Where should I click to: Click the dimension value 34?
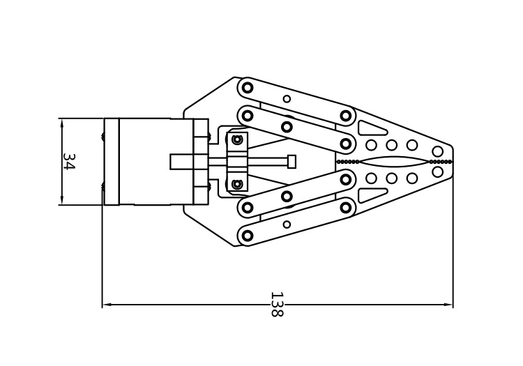point(69,162)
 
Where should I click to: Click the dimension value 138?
point(277,305)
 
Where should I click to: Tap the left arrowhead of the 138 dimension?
point(107,305)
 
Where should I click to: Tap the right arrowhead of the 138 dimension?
point(448,305)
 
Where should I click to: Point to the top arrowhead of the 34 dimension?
point(61,123)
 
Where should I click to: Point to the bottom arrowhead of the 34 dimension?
point(61,200)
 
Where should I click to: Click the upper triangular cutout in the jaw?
point(371,128)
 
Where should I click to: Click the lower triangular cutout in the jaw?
point(371,196)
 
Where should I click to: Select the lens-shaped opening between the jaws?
point(394,162)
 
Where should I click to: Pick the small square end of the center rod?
point(291,161)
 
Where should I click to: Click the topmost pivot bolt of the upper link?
point(247,88)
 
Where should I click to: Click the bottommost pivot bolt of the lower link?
point(247,236)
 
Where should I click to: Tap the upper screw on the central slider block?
point(237,139)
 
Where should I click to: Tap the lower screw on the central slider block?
point(237,183)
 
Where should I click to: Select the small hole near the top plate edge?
point(287,99)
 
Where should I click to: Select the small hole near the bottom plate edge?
point(287,224)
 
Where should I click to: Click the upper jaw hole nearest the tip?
point(437,151)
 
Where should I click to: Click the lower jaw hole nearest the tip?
point(437,172)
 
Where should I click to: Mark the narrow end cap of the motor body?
point(112,161)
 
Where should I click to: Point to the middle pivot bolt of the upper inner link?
point(287,127)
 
